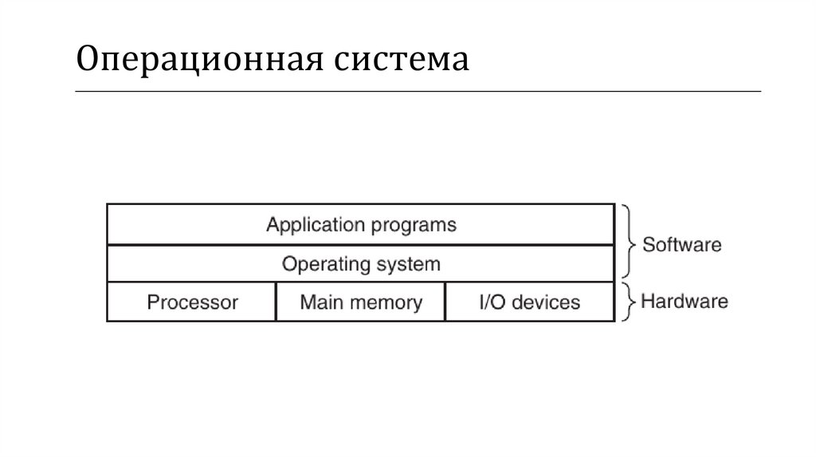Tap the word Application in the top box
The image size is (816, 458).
pos(314,224)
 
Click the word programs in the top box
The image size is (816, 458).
pos(412,224)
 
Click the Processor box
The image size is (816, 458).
pos(192,302)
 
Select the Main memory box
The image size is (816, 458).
pos(361,302)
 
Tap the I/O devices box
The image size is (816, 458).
pos(530,302)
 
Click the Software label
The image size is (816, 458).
pos(681,244)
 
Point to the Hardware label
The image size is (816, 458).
pos(685,302)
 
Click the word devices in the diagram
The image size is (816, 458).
pos(546,302)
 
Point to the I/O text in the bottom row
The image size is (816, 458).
pos(492,302)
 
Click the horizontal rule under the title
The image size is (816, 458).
pos(418,92)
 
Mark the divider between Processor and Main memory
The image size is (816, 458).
pos(276,302)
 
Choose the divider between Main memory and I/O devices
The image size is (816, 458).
pos(445,302)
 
